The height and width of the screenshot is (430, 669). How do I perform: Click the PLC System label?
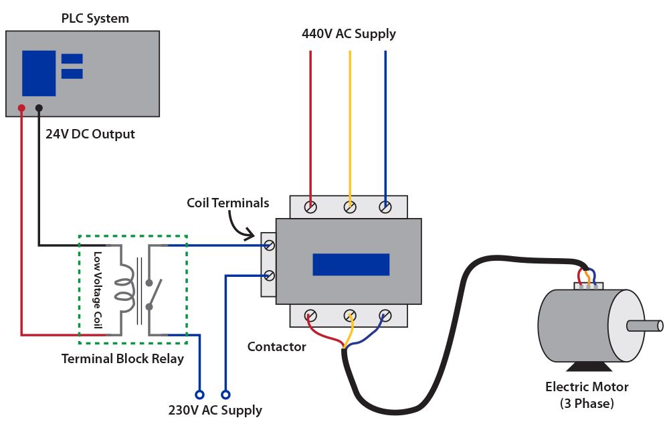pyautogui.click(x=95, y=18)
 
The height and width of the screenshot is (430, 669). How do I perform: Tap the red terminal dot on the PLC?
pyautogui.click(x=21, y=108)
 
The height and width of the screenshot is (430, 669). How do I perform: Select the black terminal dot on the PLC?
pyautogui.click(x=39, y=108)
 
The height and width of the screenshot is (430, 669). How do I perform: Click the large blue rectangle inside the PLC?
pyautogui.click(x=39, y=74)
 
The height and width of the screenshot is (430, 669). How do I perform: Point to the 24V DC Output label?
pyautogui.click(x=90, y=134)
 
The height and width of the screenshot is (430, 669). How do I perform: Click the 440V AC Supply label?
pyautogui.click(x=349, y=33)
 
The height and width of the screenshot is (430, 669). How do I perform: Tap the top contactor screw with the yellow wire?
pyautogui.click(x=350, y=207)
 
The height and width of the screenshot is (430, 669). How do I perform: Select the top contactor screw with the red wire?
pyautogui.click(x=310, y=207)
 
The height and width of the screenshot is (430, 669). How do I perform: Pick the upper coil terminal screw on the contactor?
pyautogui.click(x=269, y=245)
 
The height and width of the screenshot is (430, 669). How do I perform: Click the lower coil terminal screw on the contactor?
pyautogui.click(x=269, y=276)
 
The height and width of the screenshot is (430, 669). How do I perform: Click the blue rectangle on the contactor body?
pyautogui.click(x=351, y=264)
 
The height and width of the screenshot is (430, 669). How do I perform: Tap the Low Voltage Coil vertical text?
pyautogui.click(x=98, y=290)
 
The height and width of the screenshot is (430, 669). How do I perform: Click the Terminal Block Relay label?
pyautogui.click(x=122, y=358)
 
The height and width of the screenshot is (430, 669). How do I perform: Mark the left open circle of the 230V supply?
pyautogui.click(x=199, y=395)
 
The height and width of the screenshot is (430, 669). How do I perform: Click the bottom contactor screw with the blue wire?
pyautogui.click(x=385, y=316)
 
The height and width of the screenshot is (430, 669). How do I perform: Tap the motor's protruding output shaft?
pyautogui.click(x=645, y=326)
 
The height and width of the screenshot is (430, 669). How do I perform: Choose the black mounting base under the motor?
pyautogui.click(x=589, y=366)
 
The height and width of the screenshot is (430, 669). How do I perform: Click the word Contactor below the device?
pyautogui.click(x=276, y=347)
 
